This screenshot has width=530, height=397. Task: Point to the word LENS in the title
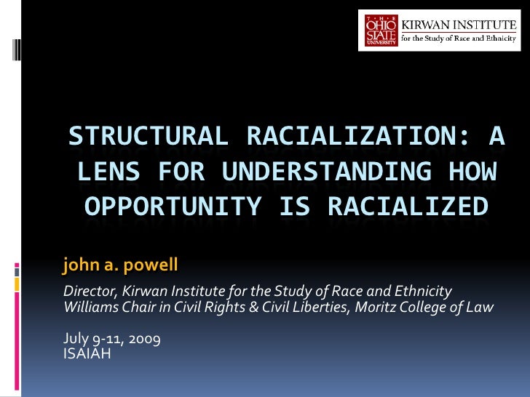[104, 172]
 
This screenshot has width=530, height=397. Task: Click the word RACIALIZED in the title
[408, 207]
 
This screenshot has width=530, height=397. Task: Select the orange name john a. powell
[120, 266]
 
